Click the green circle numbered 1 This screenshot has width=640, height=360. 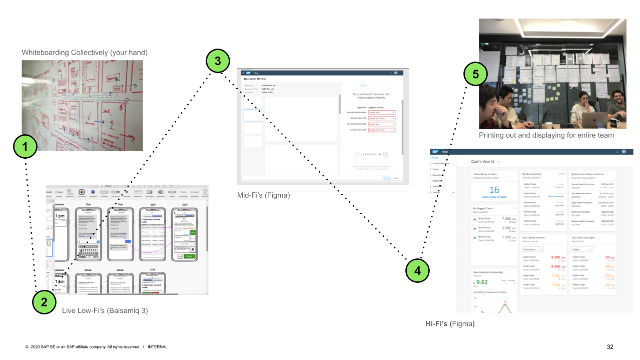(25, 146)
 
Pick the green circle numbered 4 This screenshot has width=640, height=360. (417, 270)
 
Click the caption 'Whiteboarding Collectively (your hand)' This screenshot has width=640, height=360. (85, 53)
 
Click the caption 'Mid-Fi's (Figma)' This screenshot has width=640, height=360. (263, 195)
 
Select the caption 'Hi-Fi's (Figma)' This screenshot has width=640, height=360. (450, 324)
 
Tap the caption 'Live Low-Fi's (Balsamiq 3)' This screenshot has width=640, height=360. (105, 311)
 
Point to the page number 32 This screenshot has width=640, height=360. (609, 347)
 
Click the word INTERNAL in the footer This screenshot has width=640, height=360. (158, 347)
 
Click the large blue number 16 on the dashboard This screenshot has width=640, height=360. (494, 190)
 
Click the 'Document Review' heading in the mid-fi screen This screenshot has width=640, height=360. (255, 79)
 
